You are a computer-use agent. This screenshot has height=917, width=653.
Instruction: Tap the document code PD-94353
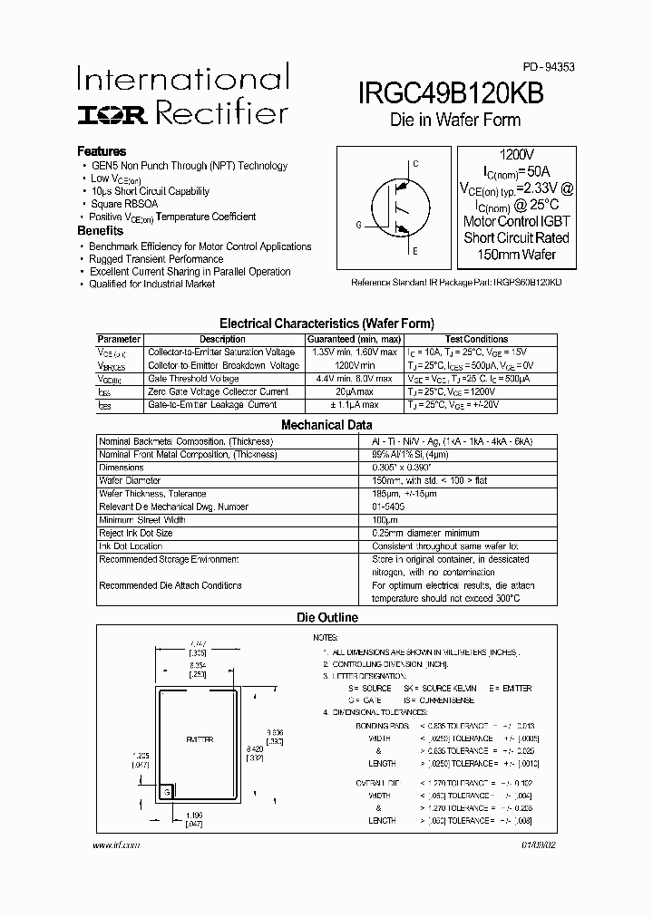tap(548, 67)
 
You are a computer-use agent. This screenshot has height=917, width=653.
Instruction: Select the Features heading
tap(102, 151)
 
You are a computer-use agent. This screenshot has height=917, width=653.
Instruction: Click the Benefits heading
tap(100, 231)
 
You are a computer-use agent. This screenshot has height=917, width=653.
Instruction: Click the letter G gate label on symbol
tap(358, 225)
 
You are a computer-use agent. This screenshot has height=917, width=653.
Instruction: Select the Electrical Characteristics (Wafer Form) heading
tap(326, 323)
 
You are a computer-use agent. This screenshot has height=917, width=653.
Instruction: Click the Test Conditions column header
tap(476, 340)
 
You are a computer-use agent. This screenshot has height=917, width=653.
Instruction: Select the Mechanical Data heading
tap(326, 424)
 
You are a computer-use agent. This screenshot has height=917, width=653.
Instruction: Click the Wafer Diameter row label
tap(130, 480)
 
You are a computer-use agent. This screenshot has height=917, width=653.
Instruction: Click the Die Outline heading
tap(327, 618)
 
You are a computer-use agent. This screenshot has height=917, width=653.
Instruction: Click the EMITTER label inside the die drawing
tap(200, 740)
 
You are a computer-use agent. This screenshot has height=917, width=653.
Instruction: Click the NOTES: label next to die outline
tap(326, 638)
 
